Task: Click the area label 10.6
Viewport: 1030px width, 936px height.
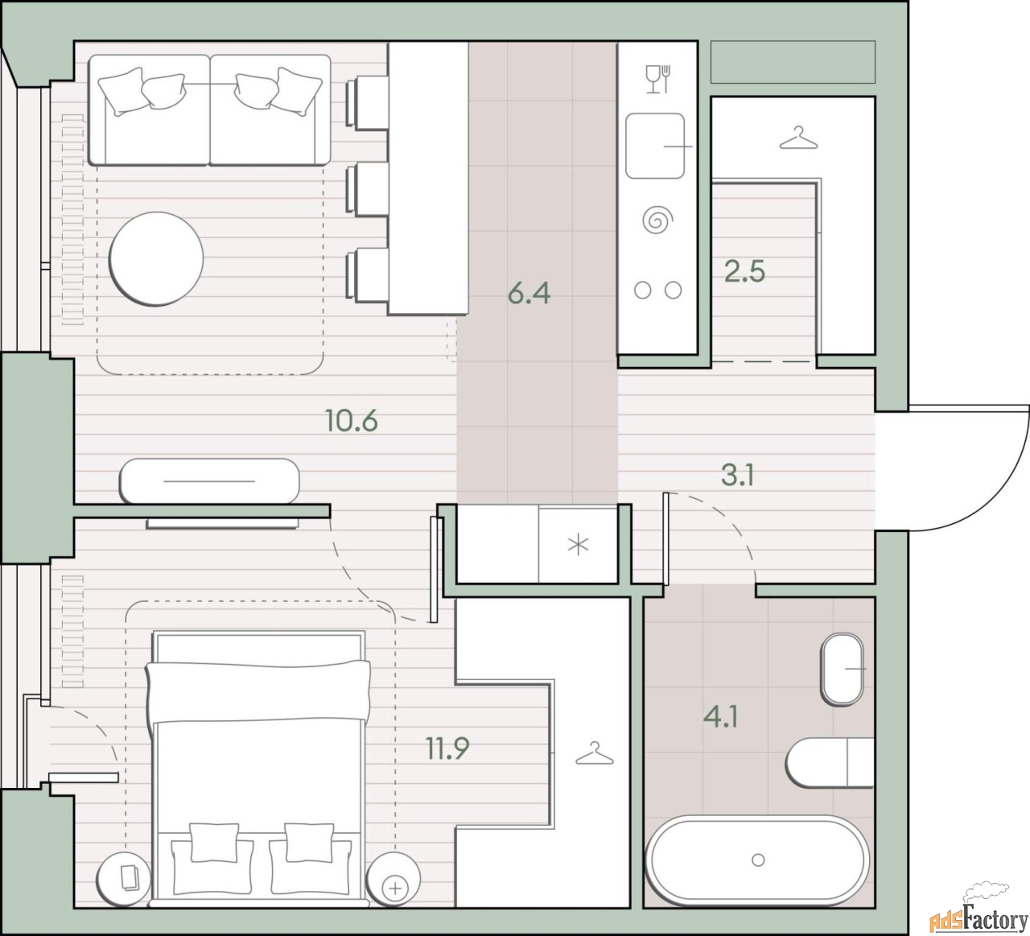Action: [352, 421]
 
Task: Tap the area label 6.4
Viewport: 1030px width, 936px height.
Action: [529, 293]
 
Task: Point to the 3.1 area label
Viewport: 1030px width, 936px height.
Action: [737, 475]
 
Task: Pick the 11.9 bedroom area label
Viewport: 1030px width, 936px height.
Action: [447, 748]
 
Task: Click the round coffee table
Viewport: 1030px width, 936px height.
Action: [156, 259]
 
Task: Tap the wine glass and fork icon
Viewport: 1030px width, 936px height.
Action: [657, 79]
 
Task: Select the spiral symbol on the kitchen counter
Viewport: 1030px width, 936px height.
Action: [657, 220]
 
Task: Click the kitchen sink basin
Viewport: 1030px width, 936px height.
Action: [655, 146]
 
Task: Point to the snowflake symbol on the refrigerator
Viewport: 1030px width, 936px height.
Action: [578, 545]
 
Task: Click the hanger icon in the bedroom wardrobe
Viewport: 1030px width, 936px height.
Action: [594, 753]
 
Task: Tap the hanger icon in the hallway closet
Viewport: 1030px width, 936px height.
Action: [798, 138]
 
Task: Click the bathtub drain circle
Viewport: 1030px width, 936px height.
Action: [758, 860]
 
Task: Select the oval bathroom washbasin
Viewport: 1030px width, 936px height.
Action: [842, 669]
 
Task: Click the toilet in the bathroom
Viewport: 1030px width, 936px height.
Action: [830, 763]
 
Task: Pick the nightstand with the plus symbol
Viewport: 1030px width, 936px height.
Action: [393, 879]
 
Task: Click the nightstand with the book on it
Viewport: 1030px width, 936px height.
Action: [124, 879]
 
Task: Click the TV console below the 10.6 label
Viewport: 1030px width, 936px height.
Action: [209, 481]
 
